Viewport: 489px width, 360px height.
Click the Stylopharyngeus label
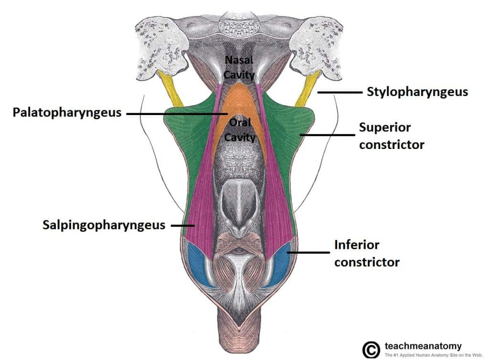(x=417, y=92)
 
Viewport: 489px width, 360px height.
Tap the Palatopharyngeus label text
(x=67, y=113)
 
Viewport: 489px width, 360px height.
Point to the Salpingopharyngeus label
(x=104, y=224)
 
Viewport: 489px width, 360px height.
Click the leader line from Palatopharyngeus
(x=176, y=114)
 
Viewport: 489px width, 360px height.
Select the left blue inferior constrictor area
(x=198, y=265)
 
